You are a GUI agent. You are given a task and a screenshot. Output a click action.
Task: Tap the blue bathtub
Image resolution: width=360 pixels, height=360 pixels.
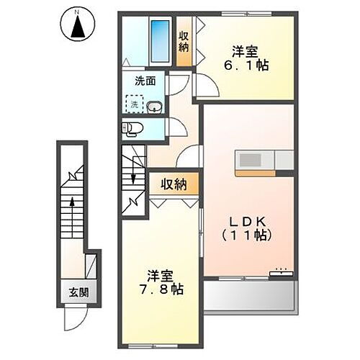158,41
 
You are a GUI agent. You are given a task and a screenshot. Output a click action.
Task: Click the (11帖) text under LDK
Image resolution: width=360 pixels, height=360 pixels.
249,235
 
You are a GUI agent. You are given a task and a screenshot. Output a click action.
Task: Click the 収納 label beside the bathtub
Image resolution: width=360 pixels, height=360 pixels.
184,42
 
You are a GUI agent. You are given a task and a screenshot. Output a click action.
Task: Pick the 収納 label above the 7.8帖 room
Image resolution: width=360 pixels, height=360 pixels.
174,184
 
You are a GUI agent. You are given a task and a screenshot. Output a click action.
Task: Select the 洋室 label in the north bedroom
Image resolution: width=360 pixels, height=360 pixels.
244,50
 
